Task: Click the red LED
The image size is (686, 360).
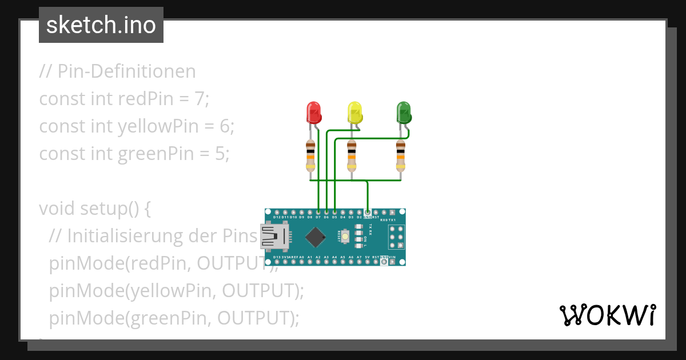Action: coord(313,113)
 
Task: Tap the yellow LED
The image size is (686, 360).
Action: coord(355,113)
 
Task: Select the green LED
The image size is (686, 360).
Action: coord(404,113)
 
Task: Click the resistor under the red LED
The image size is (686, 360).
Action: coord(310,155)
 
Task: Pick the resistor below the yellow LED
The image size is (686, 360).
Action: coord(352,155)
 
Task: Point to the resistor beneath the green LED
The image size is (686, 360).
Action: coord(401,155)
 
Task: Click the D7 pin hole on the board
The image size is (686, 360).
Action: coord(318,213)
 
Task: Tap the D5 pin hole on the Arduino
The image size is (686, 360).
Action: coord(334,213)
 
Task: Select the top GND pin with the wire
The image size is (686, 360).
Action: coord(368,213)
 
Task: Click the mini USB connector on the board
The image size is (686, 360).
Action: coord(274,237)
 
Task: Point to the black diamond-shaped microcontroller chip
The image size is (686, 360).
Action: coord(315,237)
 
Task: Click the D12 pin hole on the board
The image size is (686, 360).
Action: coord(277,213)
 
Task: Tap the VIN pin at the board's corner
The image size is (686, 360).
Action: coord(392,261)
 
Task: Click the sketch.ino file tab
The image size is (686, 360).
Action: coord(101,25)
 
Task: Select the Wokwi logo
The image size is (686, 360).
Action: coord(607,315)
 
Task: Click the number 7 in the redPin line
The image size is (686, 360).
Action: coord(198,99)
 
